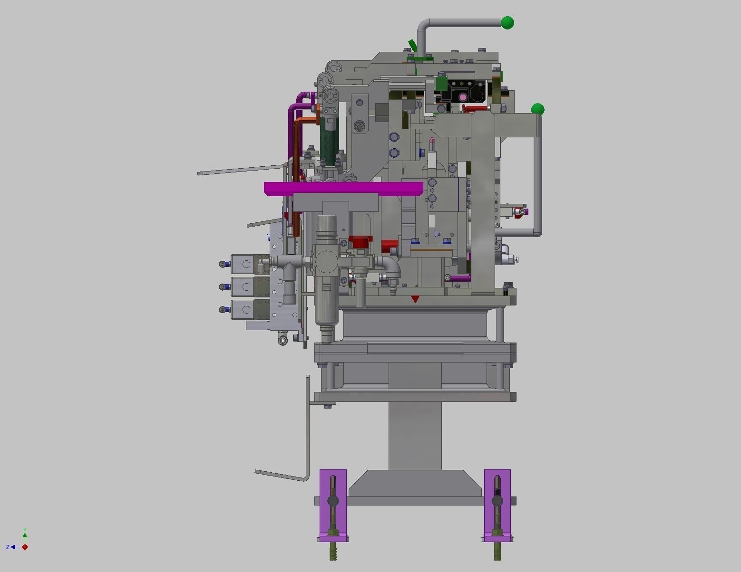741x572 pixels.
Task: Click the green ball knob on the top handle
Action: (x=507, y=22)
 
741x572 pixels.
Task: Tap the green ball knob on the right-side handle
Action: (x=537, y=110)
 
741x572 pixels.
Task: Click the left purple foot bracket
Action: (x=333, y=504)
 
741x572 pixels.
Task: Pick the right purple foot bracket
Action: (x=497, y=504)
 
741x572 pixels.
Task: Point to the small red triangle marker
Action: (x=415, y=299)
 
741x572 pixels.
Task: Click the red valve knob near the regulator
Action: (x=360, y=242)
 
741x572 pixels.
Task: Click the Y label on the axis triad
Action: (x=25, y=530)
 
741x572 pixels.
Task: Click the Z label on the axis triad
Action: (x=8, y=547)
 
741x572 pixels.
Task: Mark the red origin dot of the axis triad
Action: (x=25, y=547)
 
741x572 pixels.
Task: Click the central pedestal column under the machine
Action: (x=415, y=435)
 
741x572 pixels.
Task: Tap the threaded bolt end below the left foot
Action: (x=332, y=553)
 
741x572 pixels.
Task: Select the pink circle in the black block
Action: (x=463, y=97)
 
